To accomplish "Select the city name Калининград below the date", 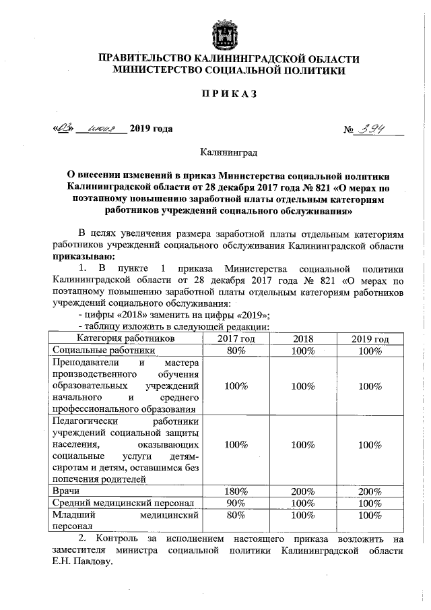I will pyautogui.click(x=228, y=154).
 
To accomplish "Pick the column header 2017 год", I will pyautogui.click(x=236, y=338).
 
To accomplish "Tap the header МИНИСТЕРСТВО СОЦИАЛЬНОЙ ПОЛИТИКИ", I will pyautogui.click(x=229, y=70).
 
